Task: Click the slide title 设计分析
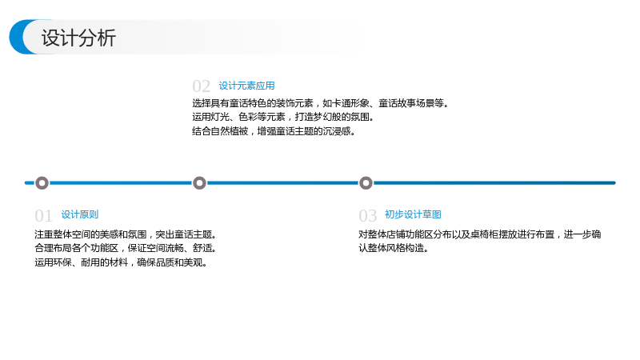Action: [x=78, y=38]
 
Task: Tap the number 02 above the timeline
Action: [x=202, y=86]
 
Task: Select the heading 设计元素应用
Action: [x=247, y=86]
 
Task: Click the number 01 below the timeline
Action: [x=44, y=215]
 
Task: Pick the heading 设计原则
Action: [x=80, y=214]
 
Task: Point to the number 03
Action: [x=368, y=215]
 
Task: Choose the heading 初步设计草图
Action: [x=413, y=214]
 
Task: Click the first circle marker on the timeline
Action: [x=42, y=183]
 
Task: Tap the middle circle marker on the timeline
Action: [x=199, y=183]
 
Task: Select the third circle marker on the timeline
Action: [x=366, y=183]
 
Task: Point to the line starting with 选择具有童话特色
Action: [x=321, y=103]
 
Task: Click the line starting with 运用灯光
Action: [x=284, y=117]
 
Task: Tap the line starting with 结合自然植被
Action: [x=274, y=131]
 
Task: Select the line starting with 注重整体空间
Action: [x=126, y=234]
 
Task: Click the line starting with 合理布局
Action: [x=126, y=248]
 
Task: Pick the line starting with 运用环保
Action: [x=121, y=262]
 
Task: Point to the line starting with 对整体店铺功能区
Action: [x=480, y=234]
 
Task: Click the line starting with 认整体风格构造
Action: [x=394, y=248]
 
